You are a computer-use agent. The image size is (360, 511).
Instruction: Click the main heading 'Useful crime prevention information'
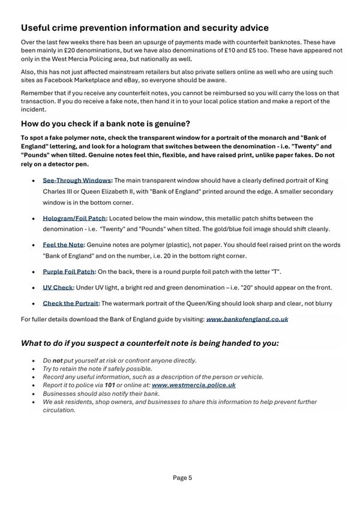coord(145,28)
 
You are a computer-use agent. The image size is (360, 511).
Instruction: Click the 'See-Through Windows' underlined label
coord(77,180)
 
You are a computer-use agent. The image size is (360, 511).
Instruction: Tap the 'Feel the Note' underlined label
coord(63,245)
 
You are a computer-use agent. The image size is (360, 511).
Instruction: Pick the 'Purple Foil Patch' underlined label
coord(69,271)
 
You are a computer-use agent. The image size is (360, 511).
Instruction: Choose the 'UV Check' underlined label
coord(58,288)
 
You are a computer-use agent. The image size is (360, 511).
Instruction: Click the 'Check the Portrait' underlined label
coord(70,303)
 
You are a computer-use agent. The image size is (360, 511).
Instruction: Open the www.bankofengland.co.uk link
coord(247,319)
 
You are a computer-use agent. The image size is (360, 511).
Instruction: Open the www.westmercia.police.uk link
coord(193,386)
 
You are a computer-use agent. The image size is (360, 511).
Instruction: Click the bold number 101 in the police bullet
coord(109,386)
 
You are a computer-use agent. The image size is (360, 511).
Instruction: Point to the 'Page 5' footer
coord(182,478)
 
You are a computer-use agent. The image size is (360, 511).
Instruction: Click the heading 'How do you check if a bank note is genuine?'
coord(106,124)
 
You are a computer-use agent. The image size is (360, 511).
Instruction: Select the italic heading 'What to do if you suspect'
coord(150,343)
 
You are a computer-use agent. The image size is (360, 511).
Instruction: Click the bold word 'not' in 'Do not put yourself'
coord(57,361)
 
